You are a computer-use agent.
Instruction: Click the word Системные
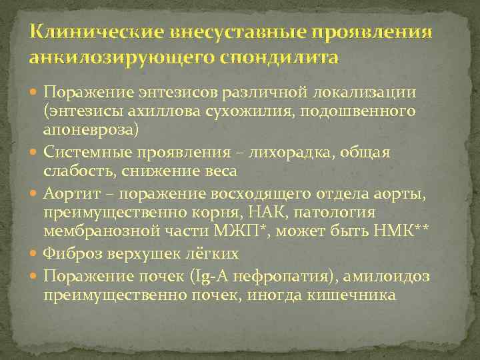[x=85, y=153]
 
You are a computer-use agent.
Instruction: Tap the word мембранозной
[x=93, y=231]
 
